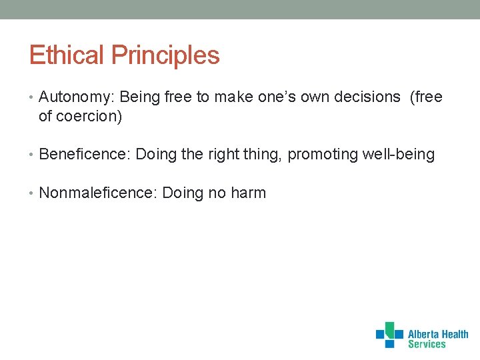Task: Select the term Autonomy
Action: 75,97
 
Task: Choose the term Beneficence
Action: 84,155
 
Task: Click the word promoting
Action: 323,155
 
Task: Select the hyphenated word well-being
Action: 398,155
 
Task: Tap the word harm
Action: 248,193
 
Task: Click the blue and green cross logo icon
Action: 389,335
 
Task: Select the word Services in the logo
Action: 427,344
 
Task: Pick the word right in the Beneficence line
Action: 224,155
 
